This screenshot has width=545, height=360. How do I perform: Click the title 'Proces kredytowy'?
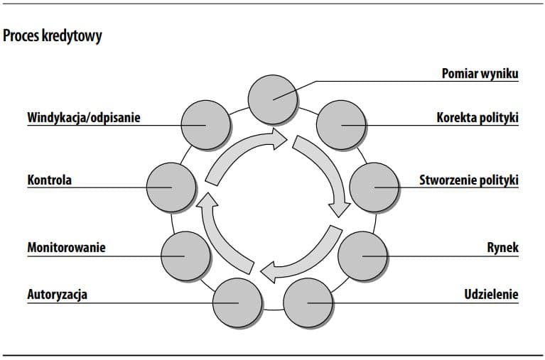pos(53,36)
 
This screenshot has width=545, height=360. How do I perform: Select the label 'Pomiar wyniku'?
pos(480,74)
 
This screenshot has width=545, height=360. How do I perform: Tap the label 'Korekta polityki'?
pos(477,117)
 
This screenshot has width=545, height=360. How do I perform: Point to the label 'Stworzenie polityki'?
pos(469,180)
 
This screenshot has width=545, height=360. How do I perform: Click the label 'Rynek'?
pos(502,248)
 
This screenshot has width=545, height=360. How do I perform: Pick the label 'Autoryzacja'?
pos(58,294)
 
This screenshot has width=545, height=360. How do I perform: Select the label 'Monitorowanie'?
pos(66,248)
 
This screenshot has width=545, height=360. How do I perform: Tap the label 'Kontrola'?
pos(50,180)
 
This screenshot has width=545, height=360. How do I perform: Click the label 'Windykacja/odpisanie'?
pos(83,117)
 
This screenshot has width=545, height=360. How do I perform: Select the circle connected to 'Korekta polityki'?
pos(340,125)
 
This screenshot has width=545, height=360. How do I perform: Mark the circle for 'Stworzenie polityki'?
pos(374,187)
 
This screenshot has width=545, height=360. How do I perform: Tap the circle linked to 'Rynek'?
pos(362,256)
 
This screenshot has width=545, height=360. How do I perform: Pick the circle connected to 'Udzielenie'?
pos(308,303)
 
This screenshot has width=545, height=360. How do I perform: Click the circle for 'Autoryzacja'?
pos(237,303)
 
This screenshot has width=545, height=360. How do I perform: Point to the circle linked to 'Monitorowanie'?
pos(185,256)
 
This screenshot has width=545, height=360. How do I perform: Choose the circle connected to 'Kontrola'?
pos(171,187)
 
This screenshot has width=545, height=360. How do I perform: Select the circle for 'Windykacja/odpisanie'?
pos(205,125)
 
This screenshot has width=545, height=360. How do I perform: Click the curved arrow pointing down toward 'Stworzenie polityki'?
pos(324,170)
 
